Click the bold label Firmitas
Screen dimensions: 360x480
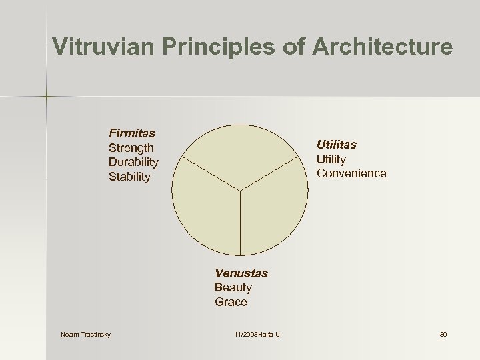(132, 133)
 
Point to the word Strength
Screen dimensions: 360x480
(131, 148)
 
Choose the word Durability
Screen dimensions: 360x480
(133, 163)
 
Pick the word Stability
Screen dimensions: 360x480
(129, 177)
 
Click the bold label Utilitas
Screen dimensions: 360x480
(337, 144)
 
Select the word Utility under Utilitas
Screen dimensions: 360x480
(331, 159)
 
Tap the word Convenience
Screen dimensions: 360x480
(351, 173)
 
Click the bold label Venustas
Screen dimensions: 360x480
(241, 273)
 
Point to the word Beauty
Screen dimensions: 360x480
(233, 287)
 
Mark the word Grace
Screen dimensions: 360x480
(231, 302)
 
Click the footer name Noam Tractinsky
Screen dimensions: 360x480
(85, 333)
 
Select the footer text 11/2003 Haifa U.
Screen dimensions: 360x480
(258, 333)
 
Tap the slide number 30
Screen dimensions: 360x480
(443, 333)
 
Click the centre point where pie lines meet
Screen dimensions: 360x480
(241, 191)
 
